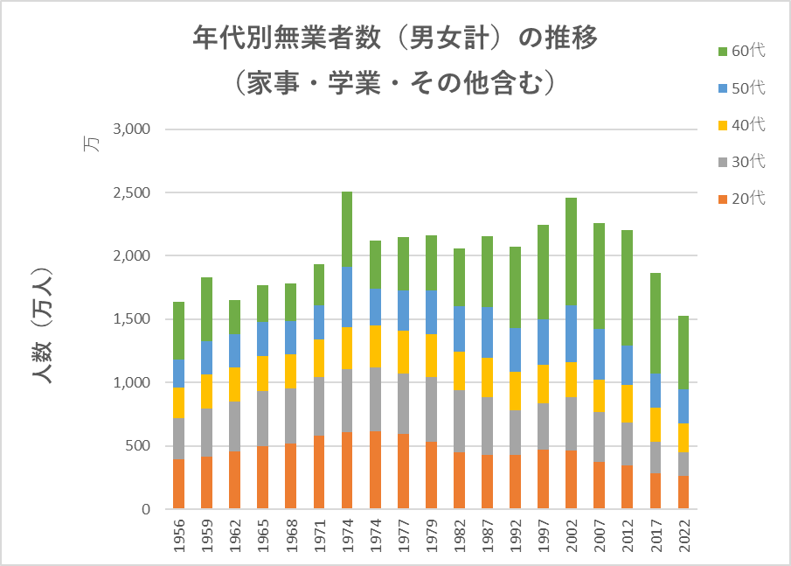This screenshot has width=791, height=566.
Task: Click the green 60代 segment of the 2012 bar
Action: point(628,288)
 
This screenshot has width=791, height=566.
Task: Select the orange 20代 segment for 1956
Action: point(179,484)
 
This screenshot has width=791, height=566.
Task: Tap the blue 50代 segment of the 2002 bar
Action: point(572,333)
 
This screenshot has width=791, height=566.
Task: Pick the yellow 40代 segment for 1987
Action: point(488,377)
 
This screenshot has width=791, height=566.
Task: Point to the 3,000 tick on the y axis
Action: point(133,129)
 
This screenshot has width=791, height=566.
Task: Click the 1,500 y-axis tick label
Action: point(133,319)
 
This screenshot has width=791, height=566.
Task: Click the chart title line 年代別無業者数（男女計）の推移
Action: point(395,39)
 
